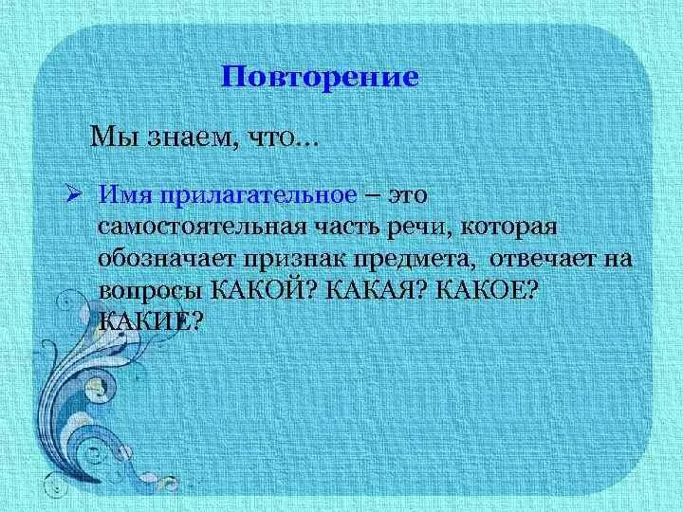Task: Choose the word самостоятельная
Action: pos(199,228)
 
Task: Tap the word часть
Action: pos(346,228)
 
